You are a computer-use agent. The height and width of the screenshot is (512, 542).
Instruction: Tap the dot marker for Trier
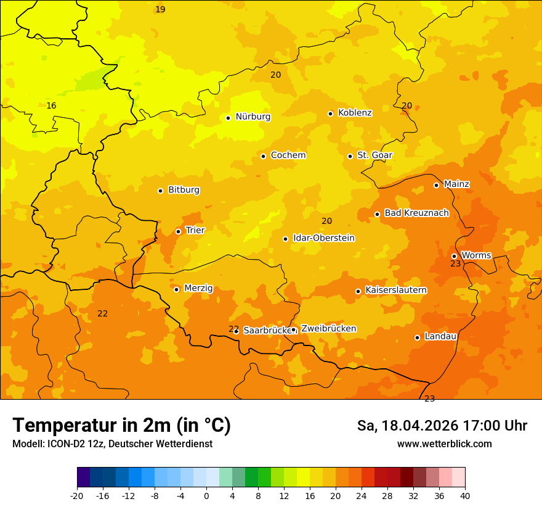(x=179, y=231)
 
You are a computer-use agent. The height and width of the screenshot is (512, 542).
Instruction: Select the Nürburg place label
(x=253, y=117)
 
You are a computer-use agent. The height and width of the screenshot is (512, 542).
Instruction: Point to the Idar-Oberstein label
(x=323, y=238)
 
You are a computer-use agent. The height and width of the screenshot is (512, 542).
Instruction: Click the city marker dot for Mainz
(x=436, y=185)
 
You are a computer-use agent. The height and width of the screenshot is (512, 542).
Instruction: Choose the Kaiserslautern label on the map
(x=395, y=290)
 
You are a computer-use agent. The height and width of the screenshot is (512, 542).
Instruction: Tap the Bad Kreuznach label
(x=416, y=213)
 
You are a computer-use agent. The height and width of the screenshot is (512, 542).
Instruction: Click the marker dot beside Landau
(x=417, y=337)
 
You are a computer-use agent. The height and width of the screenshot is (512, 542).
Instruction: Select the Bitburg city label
(x=184, y=190)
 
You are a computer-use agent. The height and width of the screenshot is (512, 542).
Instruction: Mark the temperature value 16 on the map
(x=51, y=106)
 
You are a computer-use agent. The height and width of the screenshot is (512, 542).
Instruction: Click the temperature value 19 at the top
(x=160, y=10)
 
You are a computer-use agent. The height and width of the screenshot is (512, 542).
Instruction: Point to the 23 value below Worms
(x=455, y=264)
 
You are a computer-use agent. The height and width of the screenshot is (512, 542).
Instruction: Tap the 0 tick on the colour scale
(x=206, y=495)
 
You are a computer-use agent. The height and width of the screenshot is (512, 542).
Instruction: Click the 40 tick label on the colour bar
(x=464, y=495)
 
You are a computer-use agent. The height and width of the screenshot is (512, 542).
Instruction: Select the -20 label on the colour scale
(x=77, y=495)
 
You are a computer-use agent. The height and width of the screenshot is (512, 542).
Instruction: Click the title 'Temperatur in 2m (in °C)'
(x=121, y=426)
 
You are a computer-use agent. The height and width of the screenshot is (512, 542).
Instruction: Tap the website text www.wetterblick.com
(x=444, y=444)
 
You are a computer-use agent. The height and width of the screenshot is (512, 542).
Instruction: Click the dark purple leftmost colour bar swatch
(x=84, y=477)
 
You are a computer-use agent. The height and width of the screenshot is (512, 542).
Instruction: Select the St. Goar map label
(x=374, y=155)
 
